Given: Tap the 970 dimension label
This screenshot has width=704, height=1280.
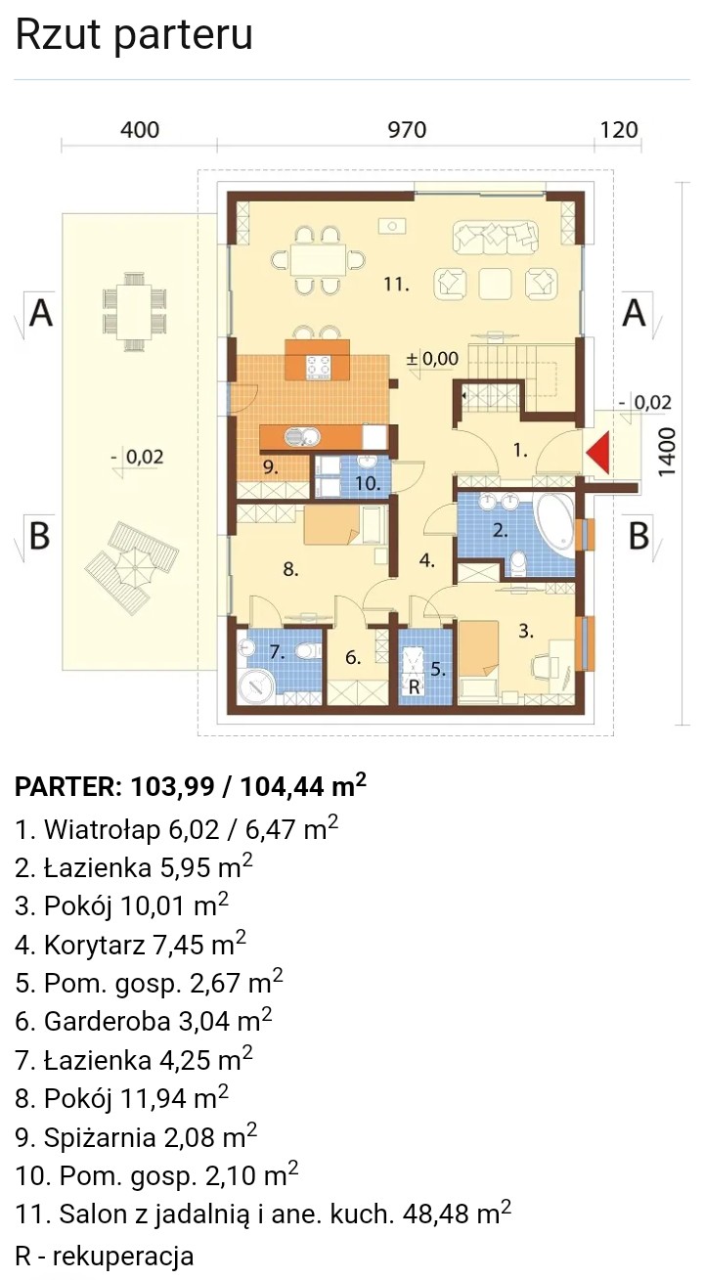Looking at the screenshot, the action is coord(408,130).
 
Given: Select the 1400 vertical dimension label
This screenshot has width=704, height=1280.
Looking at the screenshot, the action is coord(667,452).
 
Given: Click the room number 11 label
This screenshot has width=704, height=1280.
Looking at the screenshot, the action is coord(395,284).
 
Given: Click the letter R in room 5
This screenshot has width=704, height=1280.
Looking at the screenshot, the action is coord(415,686).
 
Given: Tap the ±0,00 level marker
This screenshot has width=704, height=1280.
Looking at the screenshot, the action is coord(432,359).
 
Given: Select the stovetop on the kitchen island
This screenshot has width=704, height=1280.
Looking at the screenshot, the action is coord(319,368).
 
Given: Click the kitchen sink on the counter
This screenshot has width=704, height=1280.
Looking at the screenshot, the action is coord(303,438).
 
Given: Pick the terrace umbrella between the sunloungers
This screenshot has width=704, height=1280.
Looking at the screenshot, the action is coord(132,568).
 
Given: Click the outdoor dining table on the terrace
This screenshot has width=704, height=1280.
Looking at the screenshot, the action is coord(135,311).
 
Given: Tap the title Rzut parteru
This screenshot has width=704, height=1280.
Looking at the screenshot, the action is coord(134,34).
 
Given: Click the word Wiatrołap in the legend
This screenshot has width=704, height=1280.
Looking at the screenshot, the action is coord(103,829).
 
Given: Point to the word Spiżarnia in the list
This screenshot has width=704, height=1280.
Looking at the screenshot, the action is coord(100,1137).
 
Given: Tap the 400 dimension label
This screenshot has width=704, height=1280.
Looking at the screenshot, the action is coord(140,130).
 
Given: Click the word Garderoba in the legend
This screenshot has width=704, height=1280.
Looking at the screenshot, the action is coord(108,1021).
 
